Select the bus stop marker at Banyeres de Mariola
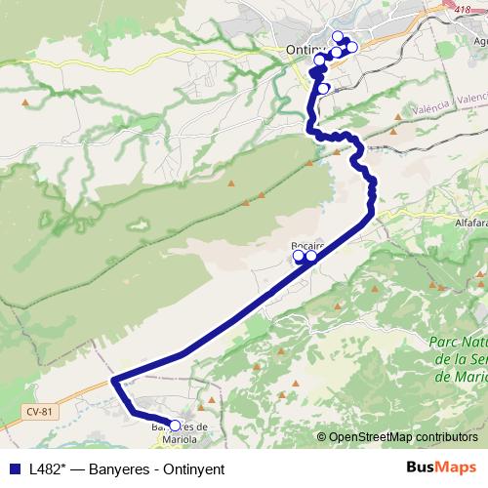[175, 425]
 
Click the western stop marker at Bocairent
[299, 256]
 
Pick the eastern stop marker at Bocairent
[311, 257]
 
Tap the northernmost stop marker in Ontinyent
[338, 36]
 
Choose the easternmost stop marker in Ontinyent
[352, 47]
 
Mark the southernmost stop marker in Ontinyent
[323, 89]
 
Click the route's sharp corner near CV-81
[114, 379]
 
